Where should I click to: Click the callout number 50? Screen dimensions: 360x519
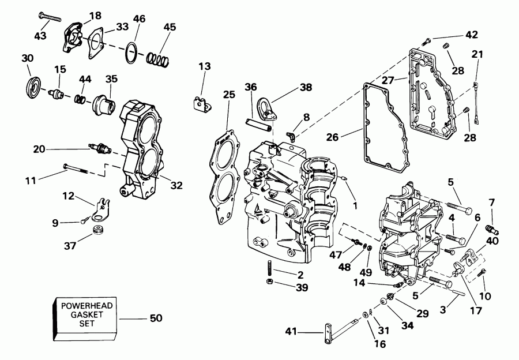[156, 318]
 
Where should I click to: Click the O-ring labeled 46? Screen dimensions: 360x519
[132, 52]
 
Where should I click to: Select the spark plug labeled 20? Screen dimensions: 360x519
[97, 149]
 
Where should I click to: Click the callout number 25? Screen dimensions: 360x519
[229, 93]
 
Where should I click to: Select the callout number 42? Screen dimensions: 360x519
[471, 35]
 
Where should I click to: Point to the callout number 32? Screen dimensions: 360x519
[176, 185]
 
